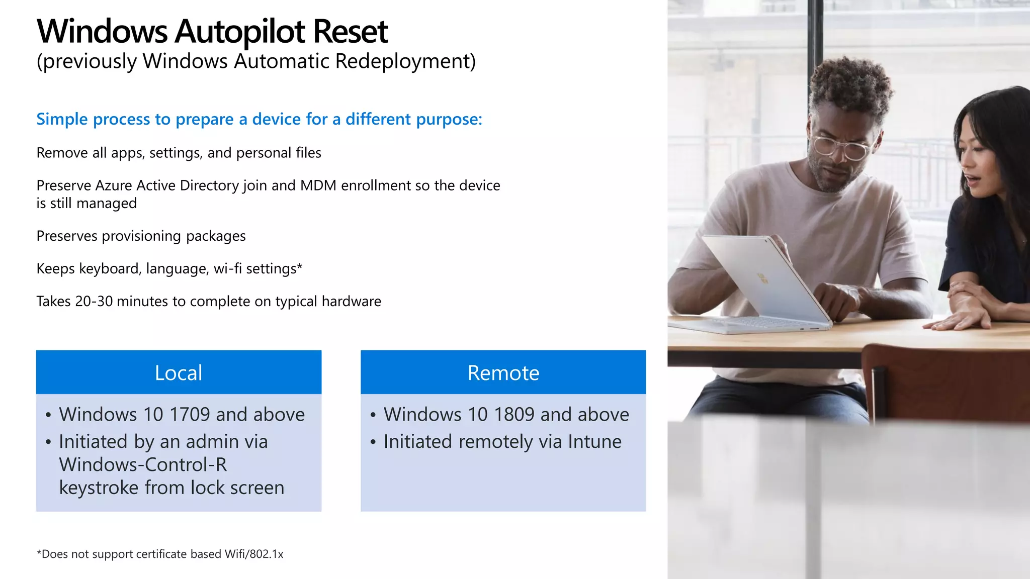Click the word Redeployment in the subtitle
click(405, 61)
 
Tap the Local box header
click(179, 373)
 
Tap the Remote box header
click(503, 373)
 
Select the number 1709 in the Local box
click(190, 415)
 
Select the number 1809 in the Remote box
click(514, 415)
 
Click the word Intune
click(594, 442)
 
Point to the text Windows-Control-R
click(143, 465)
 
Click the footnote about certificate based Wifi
click(160, 554)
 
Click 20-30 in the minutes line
click(94, 302)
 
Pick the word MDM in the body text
click(318, 185)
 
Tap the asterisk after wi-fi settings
click(300, 266)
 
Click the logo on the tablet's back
click(762, 278)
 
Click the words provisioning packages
click(174, 236)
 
